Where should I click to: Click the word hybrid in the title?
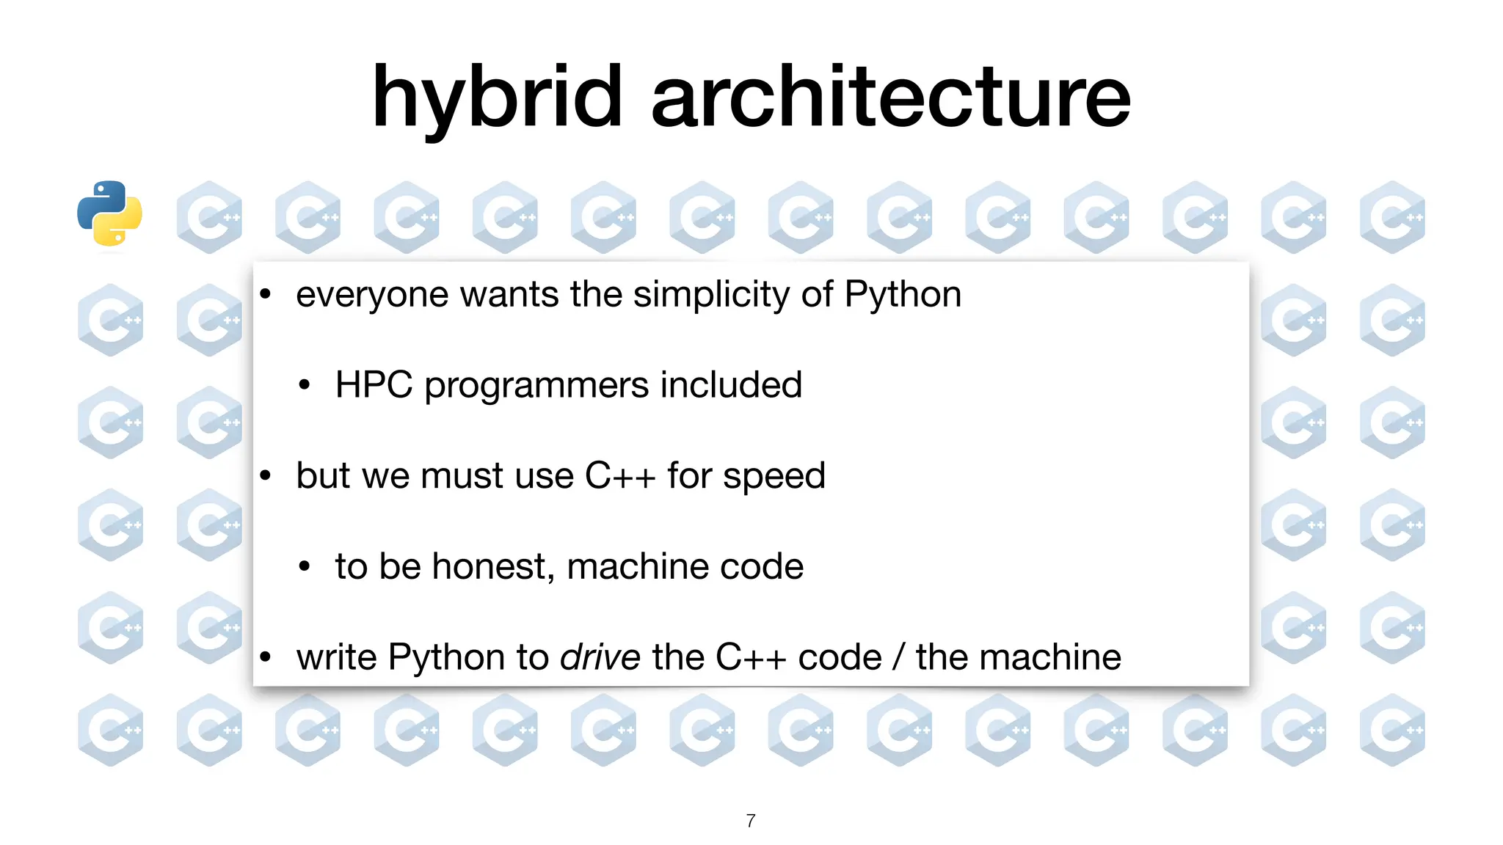pyautogui.click(x=497, y=98)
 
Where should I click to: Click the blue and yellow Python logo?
pyautogui.click(x=109, y=213)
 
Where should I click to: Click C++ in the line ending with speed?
pyautogui.click(x=619, y=476)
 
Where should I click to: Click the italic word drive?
pyautogui.click(x=600, y=657)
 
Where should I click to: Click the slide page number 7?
pyautogui.click(x=751, y=821)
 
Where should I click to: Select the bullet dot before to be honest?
pyautogui.click(x=305, y=567)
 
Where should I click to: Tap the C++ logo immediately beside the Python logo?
pyautogui.click(x=209, y=217)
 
